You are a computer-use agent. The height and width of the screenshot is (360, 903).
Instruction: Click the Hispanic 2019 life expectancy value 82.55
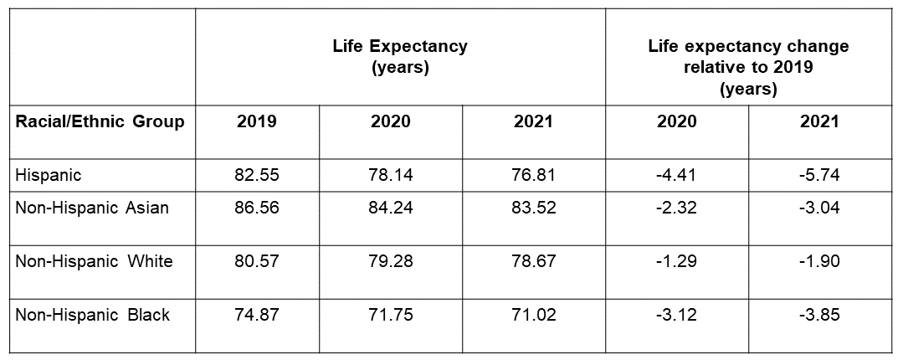(257, 175)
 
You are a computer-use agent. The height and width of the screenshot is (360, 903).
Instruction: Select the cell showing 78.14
(391, 175)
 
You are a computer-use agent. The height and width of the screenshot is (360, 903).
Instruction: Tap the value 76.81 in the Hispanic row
(534, 175)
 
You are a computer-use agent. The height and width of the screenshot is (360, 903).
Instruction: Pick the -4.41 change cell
(676, 175)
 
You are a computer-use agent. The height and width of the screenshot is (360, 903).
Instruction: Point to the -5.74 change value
(819, 175)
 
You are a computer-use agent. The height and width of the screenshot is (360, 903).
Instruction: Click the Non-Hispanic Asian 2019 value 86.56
(257, 208)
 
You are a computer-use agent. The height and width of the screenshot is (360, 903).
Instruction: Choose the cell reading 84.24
(391, 208)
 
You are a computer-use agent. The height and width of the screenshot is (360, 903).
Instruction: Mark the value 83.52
(534, 208)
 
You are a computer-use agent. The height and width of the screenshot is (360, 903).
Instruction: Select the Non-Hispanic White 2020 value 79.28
(391, 261)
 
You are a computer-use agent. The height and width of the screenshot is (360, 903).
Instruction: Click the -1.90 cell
(819, 261)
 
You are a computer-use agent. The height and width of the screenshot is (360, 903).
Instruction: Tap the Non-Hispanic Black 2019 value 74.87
(257, 315)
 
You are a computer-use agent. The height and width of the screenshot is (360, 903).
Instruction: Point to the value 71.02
(534, 315)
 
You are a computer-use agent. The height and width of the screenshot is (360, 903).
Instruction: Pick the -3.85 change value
(819, 315)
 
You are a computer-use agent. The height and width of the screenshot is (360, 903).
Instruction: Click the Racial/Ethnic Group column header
(100, 121)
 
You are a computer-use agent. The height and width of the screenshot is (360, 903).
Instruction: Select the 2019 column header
(257, 121)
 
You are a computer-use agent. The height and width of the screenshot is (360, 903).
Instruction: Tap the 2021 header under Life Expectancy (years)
(534, 121)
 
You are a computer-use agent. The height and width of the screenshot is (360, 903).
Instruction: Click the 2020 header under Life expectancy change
(676, 121)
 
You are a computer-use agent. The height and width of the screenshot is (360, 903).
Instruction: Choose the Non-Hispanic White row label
(94, 261)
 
